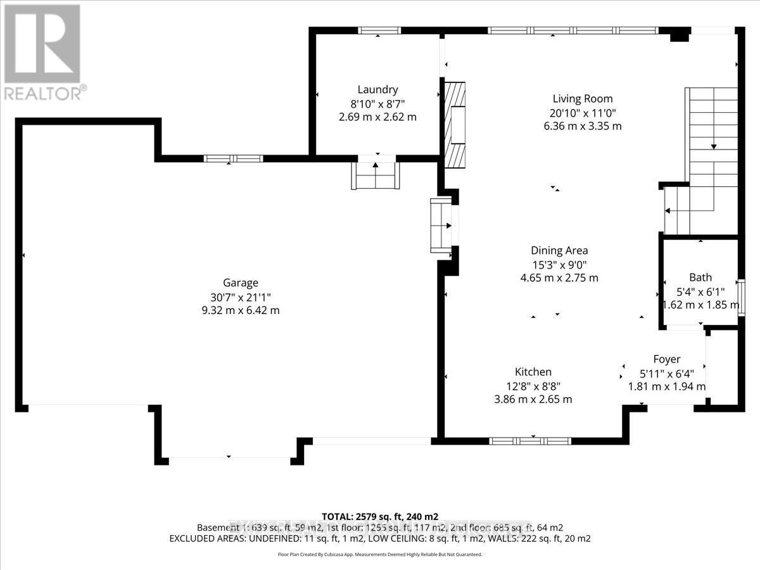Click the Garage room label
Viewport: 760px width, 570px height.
pos(240,283)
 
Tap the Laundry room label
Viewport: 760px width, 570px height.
pos(377,90)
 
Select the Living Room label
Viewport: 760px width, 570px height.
pos(582,99)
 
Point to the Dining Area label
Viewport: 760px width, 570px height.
pos(559,250)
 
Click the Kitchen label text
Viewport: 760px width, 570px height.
pos(533,372)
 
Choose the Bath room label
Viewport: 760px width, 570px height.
pos(700,277)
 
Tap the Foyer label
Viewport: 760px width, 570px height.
pos(666,359)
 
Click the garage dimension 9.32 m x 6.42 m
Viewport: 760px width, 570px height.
pos(240,310)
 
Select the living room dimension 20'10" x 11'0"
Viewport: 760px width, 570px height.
pos(582,113)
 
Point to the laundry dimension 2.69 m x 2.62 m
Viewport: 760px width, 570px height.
pos(377,117)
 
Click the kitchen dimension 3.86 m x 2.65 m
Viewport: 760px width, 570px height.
pos(533,399)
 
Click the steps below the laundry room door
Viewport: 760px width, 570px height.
pos(376,175)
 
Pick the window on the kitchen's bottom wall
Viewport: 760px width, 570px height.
pos(530,441)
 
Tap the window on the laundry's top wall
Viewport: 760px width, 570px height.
pos(379,30)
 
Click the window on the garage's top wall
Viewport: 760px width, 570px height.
pos(233,158)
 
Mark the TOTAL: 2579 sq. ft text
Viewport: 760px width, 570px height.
pos(380,516)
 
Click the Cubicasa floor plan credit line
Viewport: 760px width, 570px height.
pos(380,554)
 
